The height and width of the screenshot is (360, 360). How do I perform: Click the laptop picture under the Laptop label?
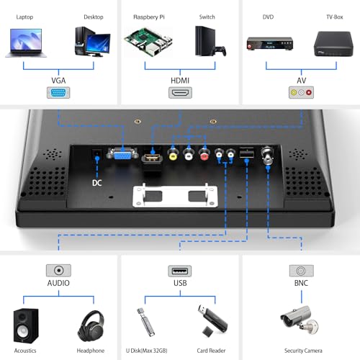tap(26, 43)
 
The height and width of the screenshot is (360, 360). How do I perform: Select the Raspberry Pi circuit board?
tap(148, 42)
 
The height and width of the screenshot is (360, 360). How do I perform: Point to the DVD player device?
tap(270, 44)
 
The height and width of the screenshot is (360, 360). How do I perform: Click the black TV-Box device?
tap(333, 44)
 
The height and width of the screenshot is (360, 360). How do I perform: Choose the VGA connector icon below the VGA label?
tap(58, 93)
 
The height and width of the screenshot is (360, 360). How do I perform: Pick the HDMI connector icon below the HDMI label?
tap(180, 93)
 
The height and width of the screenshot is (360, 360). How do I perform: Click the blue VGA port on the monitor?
tap(122, 153)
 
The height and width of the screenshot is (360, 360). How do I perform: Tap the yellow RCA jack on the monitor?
tap(173, 154)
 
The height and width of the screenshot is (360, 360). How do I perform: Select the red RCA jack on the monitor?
tap(204, 154)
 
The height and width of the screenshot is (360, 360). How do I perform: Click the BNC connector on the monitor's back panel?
tap(267, 155)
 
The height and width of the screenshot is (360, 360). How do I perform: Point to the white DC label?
tap(97, 183)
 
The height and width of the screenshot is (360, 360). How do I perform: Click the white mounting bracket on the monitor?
tap(175, 196)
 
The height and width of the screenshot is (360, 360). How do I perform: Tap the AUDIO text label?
tap(58, 283)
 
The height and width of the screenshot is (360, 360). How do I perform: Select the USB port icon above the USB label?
tap(180, 271)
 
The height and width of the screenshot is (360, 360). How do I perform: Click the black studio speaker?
tap(26, 325)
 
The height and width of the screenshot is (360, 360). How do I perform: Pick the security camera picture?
tap(300, 320)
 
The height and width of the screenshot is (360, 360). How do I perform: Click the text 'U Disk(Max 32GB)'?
tap(147, 351)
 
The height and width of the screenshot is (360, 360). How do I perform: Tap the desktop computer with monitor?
tap(92, 42)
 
